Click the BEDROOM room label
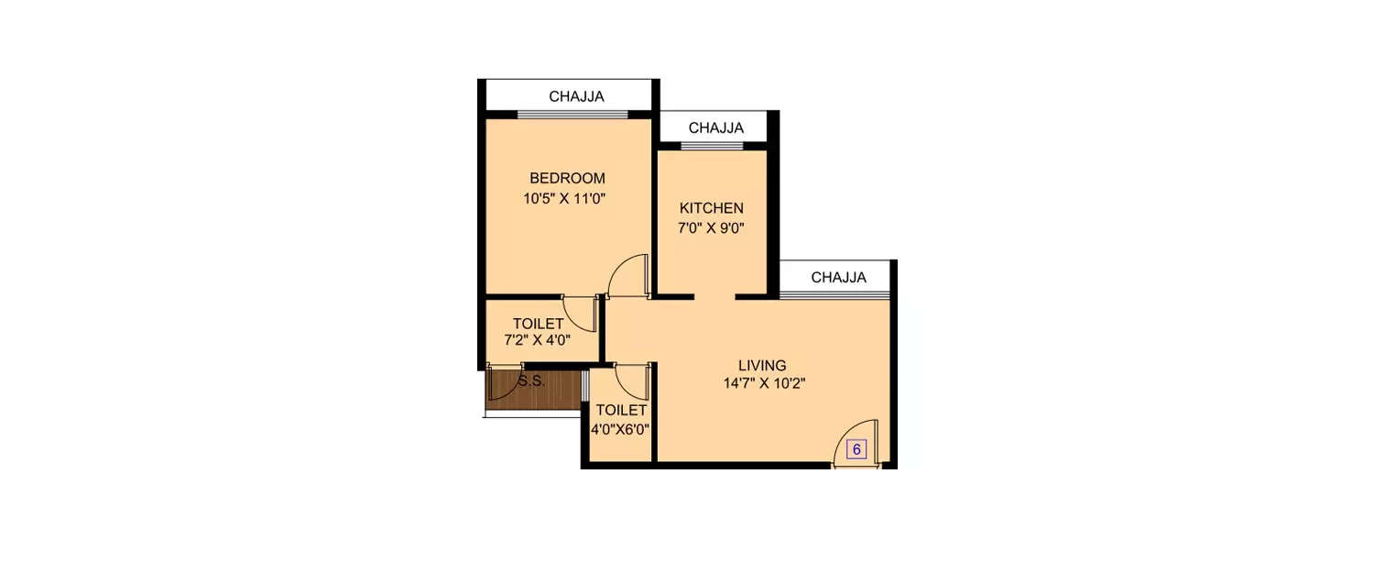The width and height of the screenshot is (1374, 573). tap(567, 178)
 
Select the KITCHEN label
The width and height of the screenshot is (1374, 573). tap(711, 209)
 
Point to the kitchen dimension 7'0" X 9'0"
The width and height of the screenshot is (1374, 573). tap(711, 228)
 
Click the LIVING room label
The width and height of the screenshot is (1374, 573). tap(763, 365)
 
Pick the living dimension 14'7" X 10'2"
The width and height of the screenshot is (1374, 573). tap(763, 384)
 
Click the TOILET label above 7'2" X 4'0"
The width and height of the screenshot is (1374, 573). tap(538, 324)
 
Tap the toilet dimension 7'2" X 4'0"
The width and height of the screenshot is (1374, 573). tap(538, 340)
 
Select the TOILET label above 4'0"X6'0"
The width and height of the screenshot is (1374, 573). tap(621, 411)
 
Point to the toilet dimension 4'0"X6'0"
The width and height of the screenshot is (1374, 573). tap(621, 428)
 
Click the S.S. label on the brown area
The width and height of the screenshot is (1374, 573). tap(531, 381)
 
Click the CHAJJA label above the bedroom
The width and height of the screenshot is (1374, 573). tap(576, 96)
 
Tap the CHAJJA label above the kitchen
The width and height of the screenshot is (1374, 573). tap(715, 127)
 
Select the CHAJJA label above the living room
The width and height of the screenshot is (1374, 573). tap(838, 278)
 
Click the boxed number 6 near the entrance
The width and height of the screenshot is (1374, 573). tap(856, 449)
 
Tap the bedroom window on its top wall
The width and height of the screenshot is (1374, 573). tap(572, 115)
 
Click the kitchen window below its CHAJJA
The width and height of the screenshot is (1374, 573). tap(713, 146)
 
